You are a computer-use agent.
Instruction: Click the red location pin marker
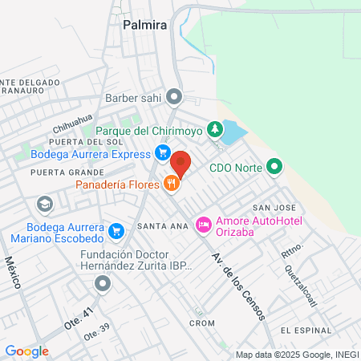click(x=181, y=163)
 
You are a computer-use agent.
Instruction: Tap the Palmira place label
click(x=144, y=25)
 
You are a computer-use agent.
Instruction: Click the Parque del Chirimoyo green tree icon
click(x=214, y=128)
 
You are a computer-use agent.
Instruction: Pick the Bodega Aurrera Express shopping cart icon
click(x=163, y=153)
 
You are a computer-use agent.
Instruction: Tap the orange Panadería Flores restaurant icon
click(x=170, y=185)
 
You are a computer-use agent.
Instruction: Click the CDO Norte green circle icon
click(x=274, y=168)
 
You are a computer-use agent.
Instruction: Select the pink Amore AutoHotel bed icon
click(x=204, y=221)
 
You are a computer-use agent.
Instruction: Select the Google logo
click(x=26, y=351)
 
